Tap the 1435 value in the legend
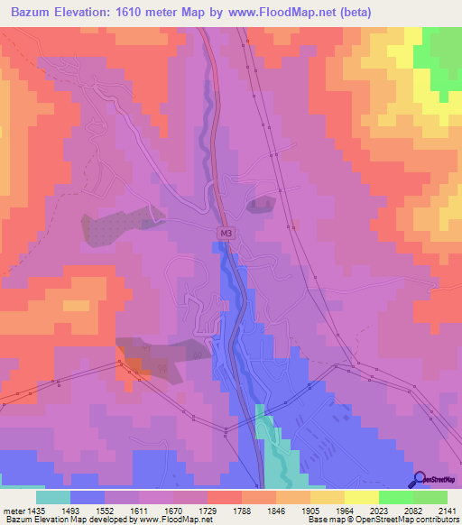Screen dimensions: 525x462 click(35, 511)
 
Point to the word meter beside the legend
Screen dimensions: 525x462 click(14, 511)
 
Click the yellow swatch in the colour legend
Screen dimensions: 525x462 click(362, 497)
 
